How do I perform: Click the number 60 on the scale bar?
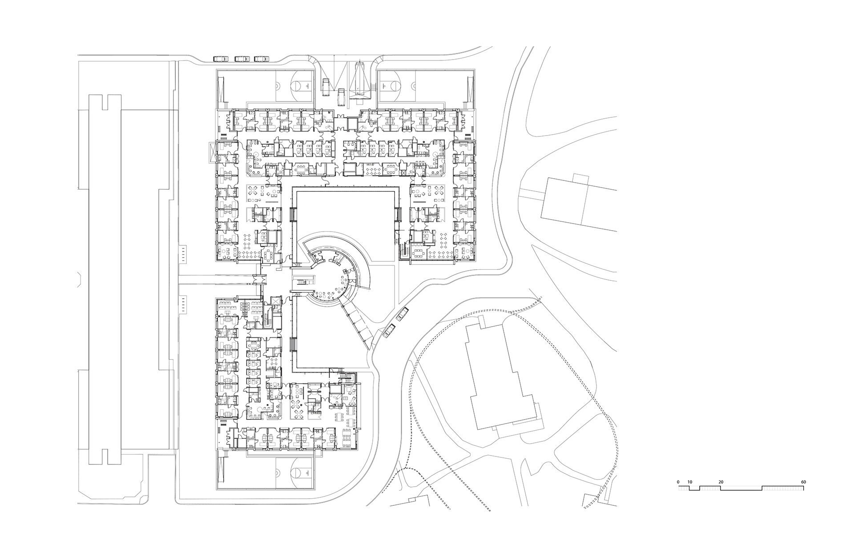click(803, 482)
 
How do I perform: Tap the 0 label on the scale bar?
click(678, 482)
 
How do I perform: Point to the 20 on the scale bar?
click(721, 482)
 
